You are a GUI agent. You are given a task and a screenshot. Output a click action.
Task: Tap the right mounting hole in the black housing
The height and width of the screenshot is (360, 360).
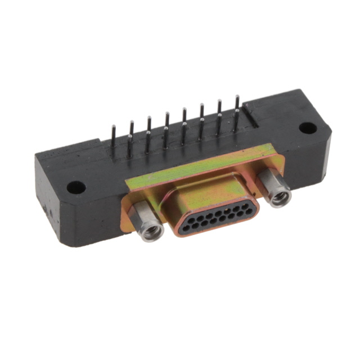308,128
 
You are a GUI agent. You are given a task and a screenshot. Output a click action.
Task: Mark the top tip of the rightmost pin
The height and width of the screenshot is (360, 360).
237,97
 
